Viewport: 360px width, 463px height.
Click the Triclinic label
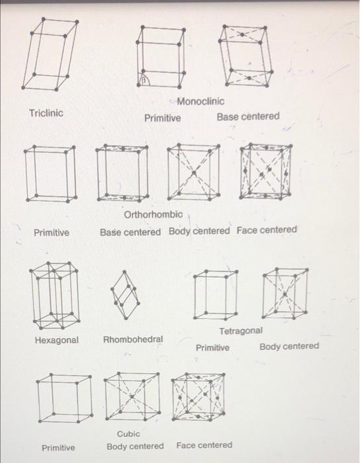point(46,113)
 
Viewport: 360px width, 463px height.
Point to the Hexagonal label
point(56,340)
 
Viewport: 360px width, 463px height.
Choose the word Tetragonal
point(241,330)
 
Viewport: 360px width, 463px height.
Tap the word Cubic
point(128,434)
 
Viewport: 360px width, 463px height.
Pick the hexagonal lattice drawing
point(57,295)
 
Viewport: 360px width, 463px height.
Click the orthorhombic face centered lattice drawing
point(265,172)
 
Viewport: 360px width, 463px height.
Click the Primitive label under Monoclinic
point(163,118)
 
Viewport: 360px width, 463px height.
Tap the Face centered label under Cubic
point(204,445)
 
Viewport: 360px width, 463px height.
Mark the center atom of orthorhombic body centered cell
point(194,173)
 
